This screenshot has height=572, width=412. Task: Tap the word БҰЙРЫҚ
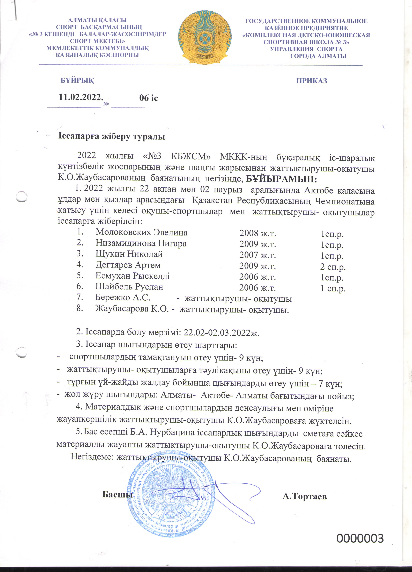(x=77, y=80)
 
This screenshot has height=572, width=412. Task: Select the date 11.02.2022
(x=81, y=97)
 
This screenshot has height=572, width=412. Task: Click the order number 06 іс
(x=148, y=98)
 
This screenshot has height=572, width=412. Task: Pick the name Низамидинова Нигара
(x=141, y=243)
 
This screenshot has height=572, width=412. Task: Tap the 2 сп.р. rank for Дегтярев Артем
(x=333, y=267)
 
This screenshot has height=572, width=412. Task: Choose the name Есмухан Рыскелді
(x=132, y=276)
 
